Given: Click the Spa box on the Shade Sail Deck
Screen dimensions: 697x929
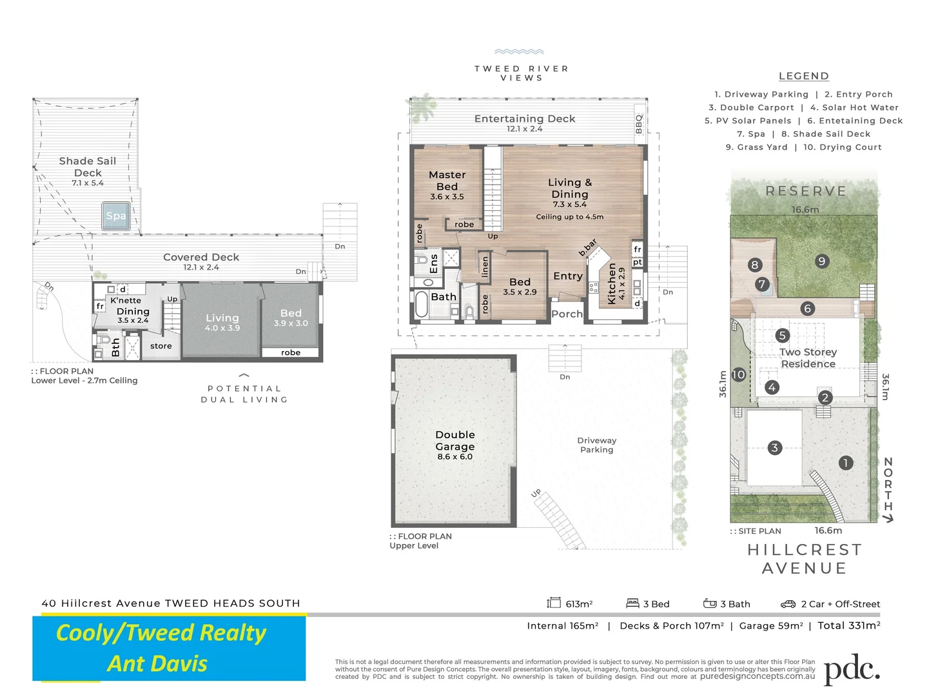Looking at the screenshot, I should [116, 216].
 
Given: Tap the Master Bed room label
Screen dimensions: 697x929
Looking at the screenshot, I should [447, 181].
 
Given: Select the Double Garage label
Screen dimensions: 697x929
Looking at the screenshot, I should [455, 441].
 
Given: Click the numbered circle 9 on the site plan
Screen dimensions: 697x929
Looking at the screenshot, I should [821, 261].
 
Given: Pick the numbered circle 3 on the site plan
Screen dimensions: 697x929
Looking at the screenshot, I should [774, 447].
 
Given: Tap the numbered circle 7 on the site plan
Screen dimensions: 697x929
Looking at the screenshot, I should [762, 284].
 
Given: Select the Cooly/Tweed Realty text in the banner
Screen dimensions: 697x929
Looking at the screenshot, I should [161, 632].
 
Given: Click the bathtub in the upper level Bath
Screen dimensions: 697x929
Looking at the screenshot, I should [422, 305].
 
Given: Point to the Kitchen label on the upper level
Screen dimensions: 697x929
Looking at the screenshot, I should [612, 283].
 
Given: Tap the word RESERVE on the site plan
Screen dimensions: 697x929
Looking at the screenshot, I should [805, 191].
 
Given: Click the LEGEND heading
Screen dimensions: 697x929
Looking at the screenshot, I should [803, 76].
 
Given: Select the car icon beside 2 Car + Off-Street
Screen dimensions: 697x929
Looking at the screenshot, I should [788, 604].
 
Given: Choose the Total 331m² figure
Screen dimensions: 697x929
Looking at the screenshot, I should [848, 625].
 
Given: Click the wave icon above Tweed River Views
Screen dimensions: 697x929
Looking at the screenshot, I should [519, 52].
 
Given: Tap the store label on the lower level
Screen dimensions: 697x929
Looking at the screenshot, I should [161, 346].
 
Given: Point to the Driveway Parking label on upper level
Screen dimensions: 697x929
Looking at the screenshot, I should [596, 445].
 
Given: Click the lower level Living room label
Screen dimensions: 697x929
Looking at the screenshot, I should [222, 318].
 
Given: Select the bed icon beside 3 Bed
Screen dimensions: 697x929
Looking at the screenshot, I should [632, 603].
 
